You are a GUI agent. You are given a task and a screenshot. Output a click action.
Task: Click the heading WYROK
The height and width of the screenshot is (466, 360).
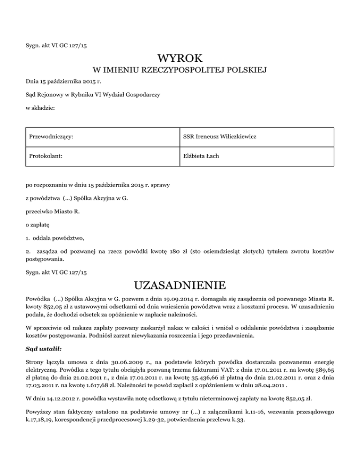tap(180, 59)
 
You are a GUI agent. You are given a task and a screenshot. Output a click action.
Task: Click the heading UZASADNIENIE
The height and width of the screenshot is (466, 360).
tap(180, 286)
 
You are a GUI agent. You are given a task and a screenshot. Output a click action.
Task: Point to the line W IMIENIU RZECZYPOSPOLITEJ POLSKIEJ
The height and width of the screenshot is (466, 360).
tap(180, 71)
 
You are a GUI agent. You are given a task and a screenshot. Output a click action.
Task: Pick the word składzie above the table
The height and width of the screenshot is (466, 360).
tap(43, 108)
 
